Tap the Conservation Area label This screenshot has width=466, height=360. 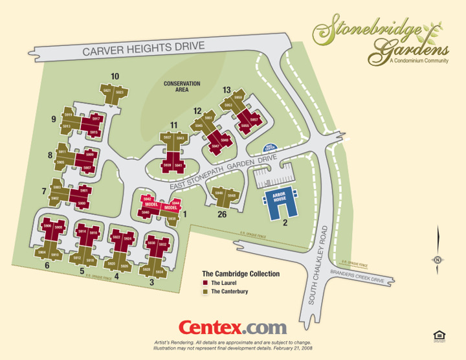coord(182,87)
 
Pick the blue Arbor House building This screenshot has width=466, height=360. coord(280,203)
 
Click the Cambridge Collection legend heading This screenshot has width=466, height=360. coord(241,274)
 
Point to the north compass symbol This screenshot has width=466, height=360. coord(438,260)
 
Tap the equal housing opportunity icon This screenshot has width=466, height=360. coord(438,334)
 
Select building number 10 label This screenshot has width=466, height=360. coord(115,76)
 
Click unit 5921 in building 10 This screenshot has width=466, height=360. coord(107,91)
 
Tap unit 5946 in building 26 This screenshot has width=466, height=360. coord(219,194)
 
